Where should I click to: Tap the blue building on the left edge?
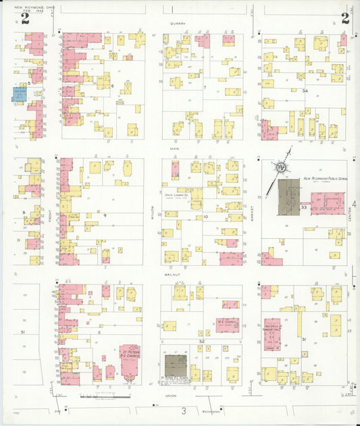pos(20,94)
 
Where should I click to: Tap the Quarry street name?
pos(178,22)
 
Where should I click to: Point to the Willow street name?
pos(153,217)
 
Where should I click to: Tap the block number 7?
pos(205,87)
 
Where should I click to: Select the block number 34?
pos(305,90)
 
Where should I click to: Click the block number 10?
pos(205,217)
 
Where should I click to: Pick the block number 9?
pos(105,214)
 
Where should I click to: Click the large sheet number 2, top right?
pos(344,18)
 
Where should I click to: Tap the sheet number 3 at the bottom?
pos(182,410)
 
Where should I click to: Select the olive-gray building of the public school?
pos(290,197)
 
